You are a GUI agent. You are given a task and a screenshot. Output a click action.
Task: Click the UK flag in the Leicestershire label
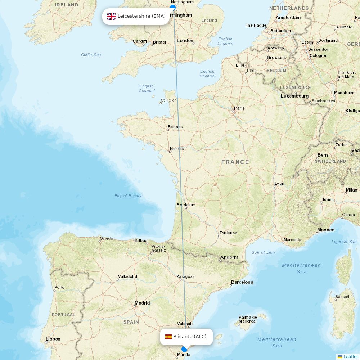pyautogui.click(x=112, y=16)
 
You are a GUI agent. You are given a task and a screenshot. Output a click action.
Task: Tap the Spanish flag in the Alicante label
pyautogui.click(x=168, y=337)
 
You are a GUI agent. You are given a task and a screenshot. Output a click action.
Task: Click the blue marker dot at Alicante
pyautogui.click(x=184, y=349)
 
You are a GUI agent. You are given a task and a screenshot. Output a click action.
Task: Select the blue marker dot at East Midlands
pyautogui.click(x=173, y=7)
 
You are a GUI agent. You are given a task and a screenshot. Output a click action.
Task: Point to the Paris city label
pyautogui.click(x=239, y=108)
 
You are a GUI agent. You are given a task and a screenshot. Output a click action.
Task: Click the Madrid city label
pyautogui.click(x=142, y=303)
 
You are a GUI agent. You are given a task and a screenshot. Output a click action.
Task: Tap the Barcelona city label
pyautogui.click(x=242, y=282)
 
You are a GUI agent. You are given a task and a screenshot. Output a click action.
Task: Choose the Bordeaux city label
pyautogui.click(x=186, y=205)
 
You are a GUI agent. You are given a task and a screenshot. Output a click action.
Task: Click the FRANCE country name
pyautogui.click(x=235, y=162)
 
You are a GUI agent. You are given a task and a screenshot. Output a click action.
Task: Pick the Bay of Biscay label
pyautogui.click(x=128, y=196)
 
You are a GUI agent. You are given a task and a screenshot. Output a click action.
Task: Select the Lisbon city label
pyautogui.click(x=53, y=339)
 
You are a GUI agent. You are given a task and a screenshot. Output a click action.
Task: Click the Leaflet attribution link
pyautogui.click(x=350, y=356)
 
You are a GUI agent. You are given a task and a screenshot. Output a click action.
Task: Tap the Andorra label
pyautogui.click(x=229, y=257)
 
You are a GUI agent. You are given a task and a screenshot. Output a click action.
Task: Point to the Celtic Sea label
pyautogui.click(x=91, y=55)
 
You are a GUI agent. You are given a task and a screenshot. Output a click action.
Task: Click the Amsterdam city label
pyautogui.click(x=288, y=17)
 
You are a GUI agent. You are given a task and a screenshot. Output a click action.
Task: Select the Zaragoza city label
pyautogui.click(x=185, y=276)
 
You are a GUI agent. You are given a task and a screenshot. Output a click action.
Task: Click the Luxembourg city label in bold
pyautogui.click(x=295, y=96)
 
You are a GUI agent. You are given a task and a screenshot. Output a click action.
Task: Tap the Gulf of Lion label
pyautogui.click(x=263, y=252)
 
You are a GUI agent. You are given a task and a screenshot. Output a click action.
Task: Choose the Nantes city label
pyautogui.click(x=177, y=149)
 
